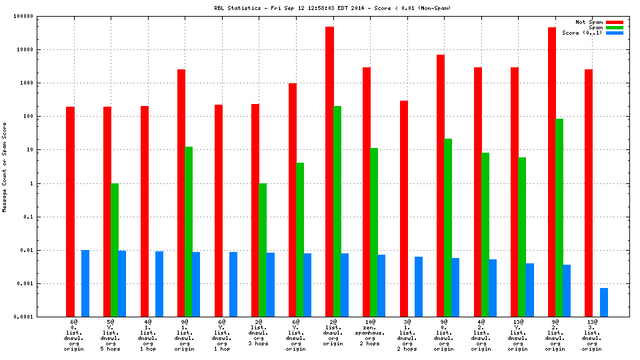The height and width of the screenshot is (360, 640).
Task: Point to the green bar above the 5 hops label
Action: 114,250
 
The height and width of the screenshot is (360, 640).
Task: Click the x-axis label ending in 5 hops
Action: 110,334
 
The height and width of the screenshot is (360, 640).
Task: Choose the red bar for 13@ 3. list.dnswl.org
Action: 589,193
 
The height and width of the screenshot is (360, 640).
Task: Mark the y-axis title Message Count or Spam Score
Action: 5,167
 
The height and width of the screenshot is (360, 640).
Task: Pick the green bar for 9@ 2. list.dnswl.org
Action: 559,217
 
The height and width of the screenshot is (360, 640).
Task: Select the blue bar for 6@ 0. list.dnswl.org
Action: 85,283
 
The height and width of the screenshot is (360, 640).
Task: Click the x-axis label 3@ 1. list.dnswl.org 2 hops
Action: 407,334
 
